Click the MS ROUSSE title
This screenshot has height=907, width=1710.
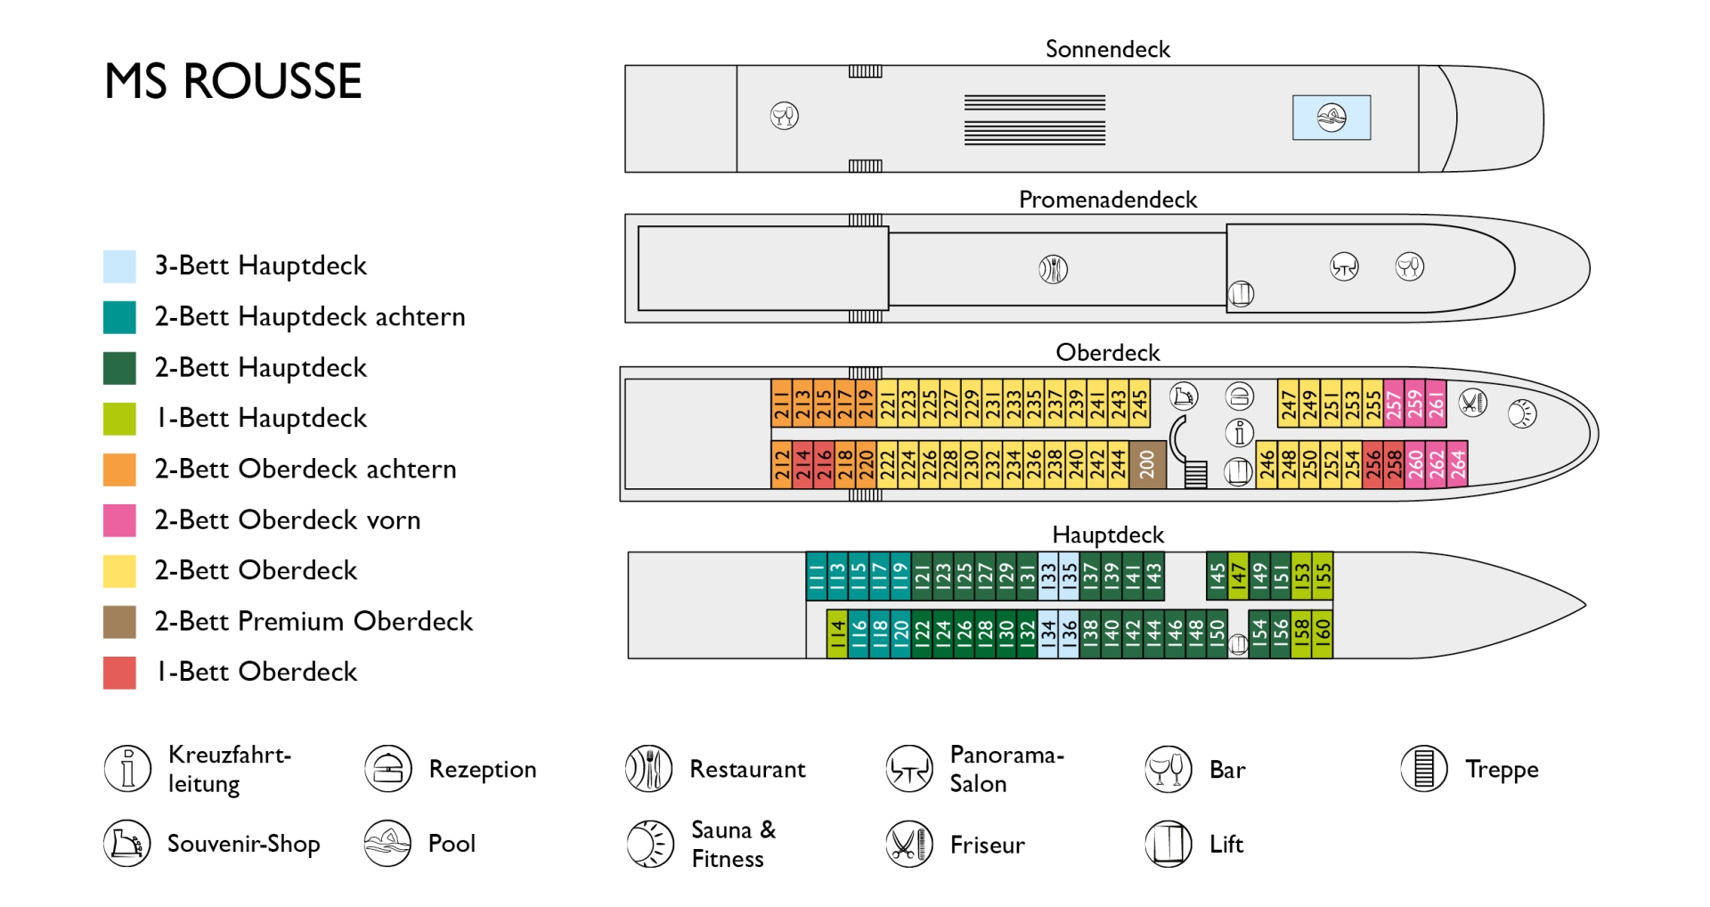point(233,81)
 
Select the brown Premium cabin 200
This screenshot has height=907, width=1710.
point(1147,463)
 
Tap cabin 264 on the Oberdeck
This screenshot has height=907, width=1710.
point(1457,463)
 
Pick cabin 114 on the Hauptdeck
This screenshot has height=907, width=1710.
point(837,633)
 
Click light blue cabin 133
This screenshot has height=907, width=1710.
point(1048,576)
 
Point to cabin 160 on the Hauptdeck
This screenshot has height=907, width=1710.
point(1323,633)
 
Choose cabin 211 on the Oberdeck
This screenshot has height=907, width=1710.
point(782,404)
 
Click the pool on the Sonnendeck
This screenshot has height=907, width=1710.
point(1331,118)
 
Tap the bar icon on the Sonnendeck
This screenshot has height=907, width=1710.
point(785,116)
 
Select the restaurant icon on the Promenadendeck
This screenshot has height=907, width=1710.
point(1054,268)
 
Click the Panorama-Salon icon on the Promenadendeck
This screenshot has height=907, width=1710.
point(1344,266)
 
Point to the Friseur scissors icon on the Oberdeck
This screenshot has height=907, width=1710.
point(1473,403)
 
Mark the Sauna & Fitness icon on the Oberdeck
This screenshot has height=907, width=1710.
point(1522,413)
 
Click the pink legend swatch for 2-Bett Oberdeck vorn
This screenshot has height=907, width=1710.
point(119,520)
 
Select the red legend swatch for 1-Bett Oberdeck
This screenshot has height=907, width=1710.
point(119,673)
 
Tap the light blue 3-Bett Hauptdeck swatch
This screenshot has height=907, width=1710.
point(119,266)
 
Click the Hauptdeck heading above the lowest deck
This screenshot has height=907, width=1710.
point(1108,535)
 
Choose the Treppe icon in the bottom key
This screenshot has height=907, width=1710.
point(1424,769)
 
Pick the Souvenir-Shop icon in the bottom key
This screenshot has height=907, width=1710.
point(127,844)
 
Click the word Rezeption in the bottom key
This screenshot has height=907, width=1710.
point(483,770)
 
